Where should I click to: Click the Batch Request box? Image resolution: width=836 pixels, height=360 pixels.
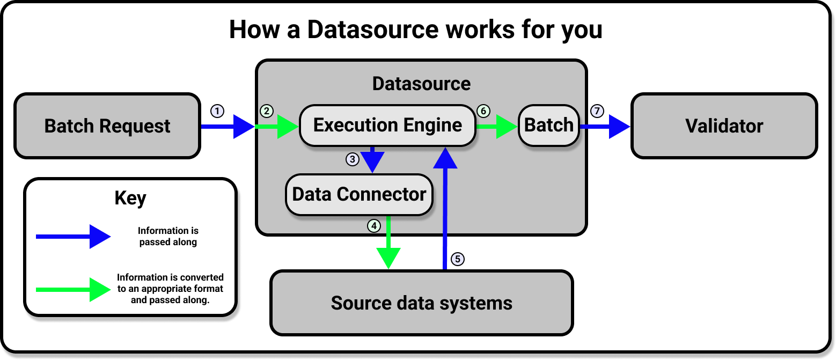(107, 127)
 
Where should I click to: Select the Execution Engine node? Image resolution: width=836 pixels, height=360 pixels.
(387, 126)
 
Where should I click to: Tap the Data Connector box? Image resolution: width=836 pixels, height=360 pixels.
(359, 194)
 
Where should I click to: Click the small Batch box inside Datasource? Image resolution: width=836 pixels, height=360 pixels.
(548, 126)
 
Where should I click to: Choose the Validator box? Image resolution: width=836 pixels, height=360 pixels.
(724, 127)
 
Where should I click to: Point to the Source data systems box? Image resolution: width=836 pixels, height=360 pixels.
(421, 303)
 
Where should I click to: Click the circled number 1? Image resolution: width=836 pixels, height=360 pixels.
(216, 111)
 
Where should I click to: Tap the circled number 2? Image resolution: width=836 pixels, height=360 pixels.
(267, 111)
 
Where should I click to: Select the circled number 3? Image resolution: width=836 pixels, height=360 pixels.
(352, 159)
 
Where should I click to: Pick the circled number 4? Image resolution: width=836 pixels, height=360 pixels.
(373, 226)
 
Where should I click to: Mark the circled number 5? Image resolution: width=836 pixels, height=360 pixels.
(457, 259)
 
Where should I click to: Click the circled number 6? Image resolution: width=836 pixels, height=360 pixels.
(483, 111)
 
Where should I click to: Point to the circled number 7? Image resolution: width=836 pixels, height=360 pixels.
(597, 111)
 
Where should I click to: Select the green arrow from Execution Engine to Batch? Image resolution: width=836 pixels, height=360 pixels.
(496, 127)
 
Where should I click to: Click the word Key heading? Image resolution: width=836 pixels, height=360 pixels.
(130, 199)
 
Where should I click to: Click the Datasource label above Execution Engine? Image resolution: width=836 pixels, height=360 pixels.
(421, 84)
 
